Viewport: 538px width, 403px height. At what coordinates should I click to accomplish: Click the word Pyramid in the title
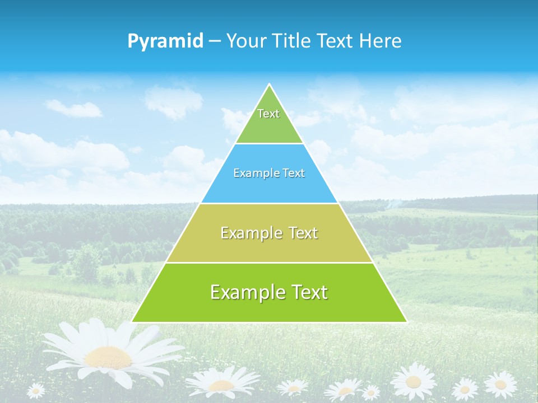coord(165,41)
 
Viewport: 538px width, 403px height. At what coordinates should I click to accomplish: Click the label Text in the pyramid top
coord(268,114)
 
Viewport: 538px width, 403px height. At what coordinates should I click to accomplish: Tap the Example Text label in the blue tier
coord(269,174)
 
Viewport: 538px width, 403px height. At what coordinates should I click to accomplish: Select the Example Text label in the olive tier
coord(269,233)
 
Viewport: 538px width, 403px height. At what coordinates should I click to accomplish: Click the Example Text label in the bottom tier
coord(269,292)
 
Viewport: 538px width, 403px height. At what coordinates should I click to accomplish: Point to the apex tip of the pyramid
coord(269,85)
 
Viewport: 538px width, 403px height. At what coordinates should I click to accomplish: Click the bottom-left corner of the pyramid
coord(132,322)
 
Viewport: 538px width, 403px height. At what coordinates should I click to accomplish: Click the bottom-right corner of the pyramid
coord(406,322)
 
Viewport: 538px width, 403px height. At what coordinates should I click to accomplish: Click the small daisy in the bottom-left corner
coord(36,390)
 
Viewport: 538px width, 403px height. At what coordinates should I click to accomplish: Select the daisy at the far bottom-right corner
coord(500,384)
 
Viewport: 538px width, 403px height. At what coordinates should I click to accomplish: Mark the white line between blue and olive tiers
coord(269,203)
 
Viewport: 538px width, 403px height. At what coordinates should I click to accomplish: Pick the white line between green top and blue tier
coord(269,143)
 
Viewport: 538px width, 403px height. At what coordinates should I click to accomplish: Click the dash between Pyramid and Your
coord(215,41)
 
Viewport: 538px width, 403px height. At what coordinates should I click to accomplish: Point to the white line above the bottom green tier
coord(269,263)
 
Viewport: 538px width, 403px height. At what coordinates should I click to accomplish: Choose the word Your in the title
coord(247,41)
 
